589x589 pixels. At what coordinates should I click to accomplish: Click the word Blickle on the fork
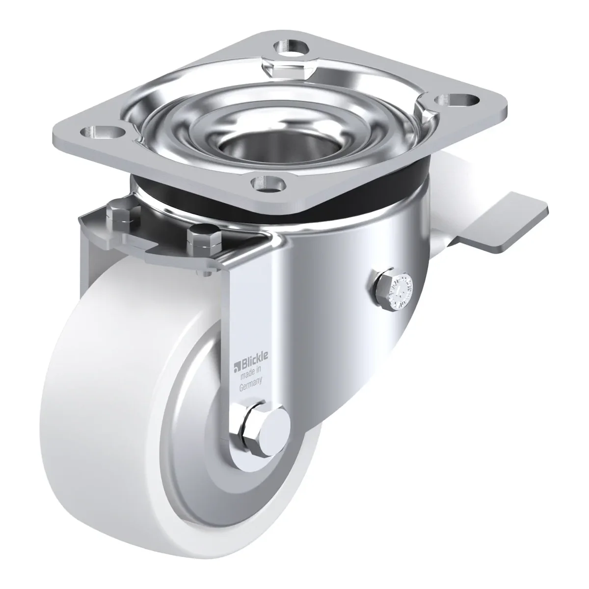point(255,356)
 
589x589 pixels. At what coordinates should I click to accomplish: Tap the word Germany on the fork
point(251,384)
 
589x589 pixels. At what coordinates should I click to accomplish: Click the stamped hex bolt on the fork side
point(394,290)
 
